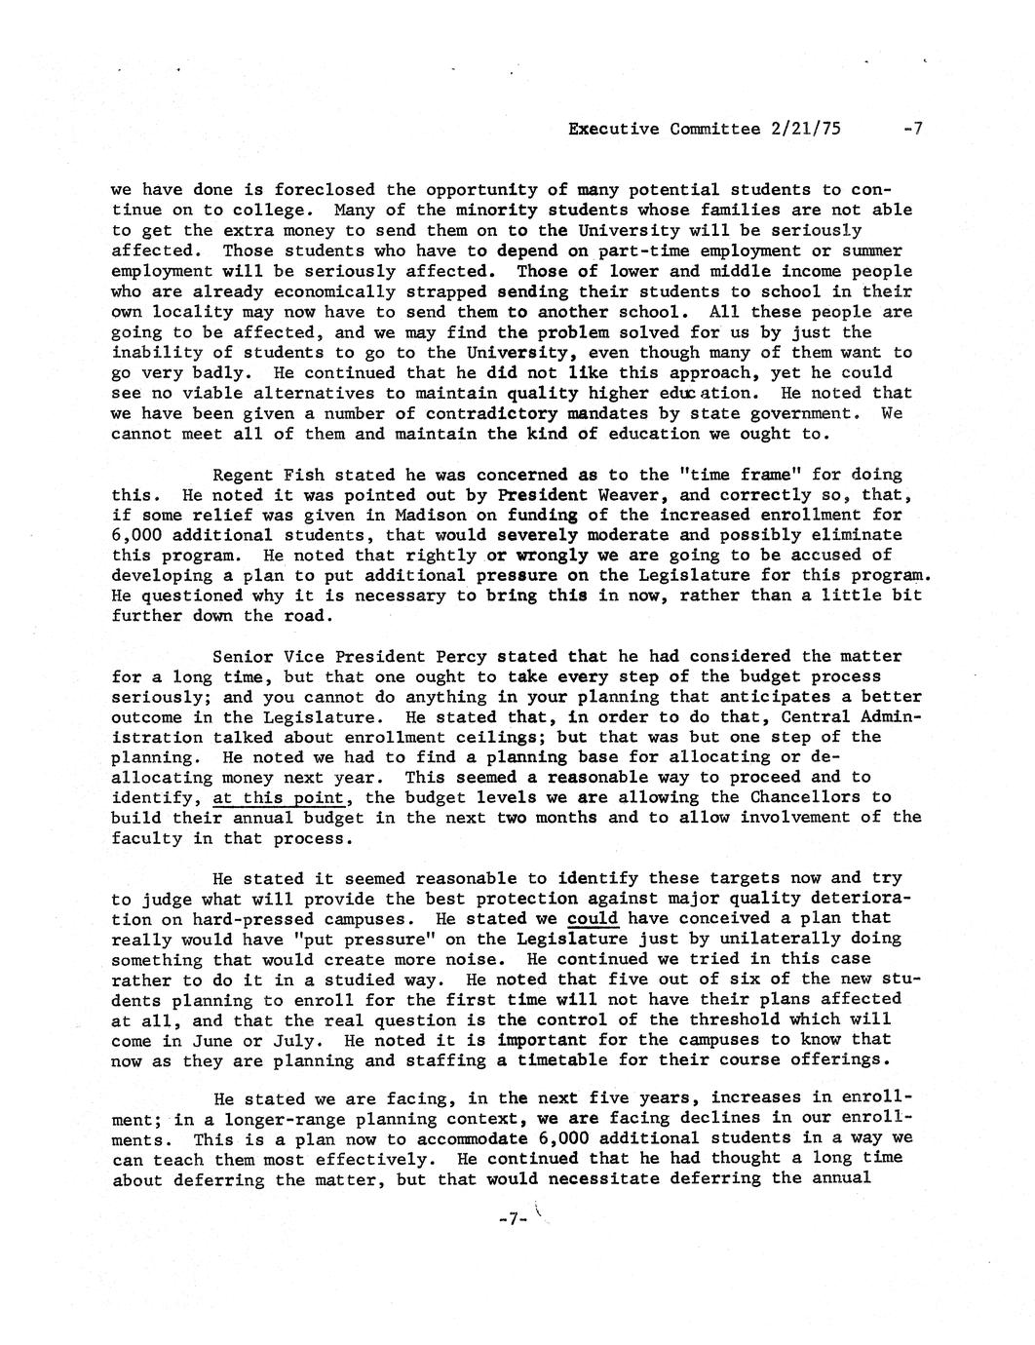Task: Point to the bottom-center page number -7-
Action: tap(511, 1219)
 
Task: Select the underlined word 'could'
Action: tap(593, 918)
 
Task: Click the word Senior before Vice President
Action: tap(243, 656)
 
